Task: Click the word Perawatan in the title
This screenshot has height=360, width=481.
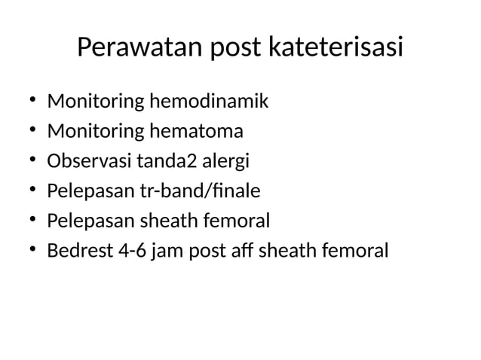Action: click(139, 48)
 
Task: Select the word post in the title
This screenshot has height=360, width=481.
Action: click(234, 48)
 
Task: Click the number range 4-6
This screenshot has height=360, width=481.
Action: click(133, 251)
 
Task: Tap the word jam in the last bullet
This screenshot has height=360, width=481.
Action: click(172, 251)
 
